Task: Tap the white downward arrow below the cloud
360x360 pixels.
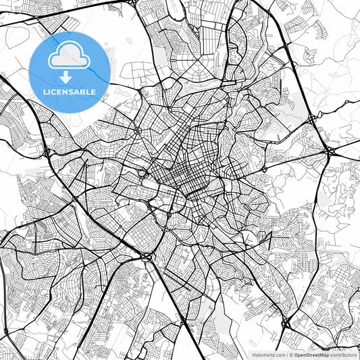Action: (66, 77)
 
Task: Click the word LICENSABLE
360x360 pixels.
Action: (70, 92)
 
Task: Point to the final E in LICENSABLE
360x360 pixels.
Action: (93, 92)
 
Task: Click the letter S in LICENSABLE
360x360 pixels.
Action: (72, 92)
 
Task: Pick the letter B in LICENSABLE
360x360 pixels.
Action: (83, 92)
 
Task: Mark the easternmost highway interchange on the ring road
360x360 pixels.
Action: (328, 151)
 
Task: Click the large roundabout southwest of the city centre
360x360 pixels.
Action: (147, 256)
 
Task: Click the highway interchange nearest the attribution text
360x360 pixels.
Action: (286, 324)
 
